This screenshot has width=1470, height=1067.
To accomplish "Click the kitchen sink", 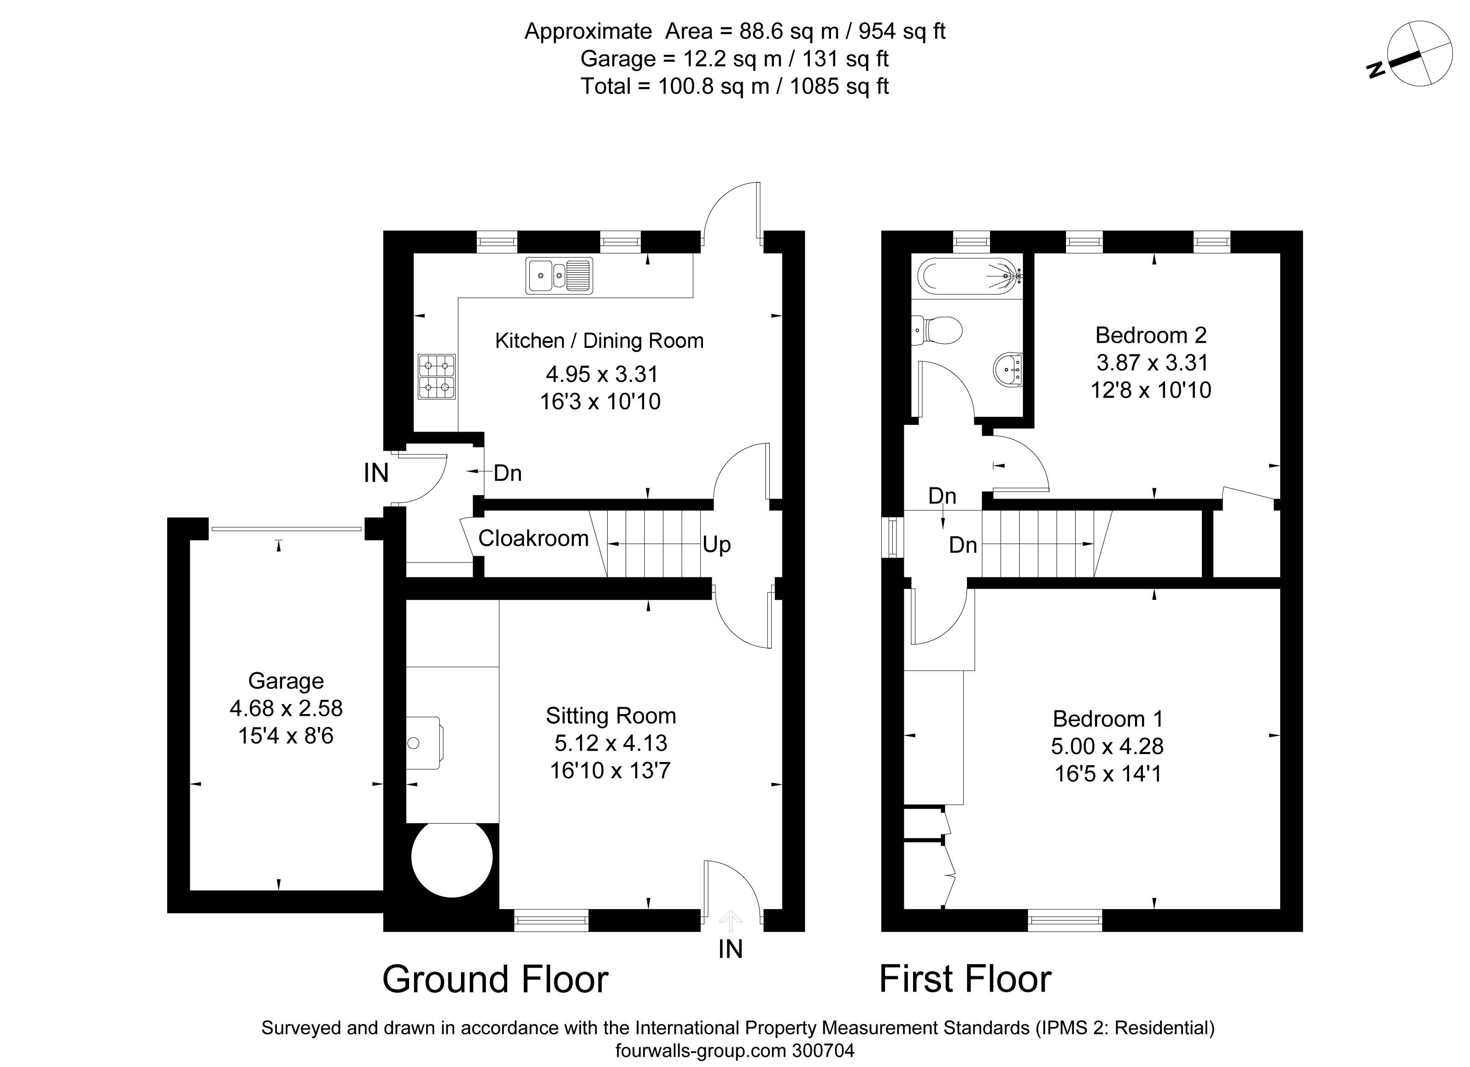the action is point(559,276).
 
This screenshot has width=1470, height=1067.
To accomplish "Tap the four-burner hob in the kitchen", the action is point(436,376).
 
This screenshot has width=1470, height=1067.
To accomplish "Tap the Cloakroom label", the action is point(533,538).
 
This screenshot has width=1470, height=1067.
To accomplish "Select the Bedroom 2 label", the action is point(1151,335).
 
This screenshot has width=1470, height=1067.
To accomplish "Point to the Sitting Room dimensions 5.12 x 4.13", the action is point(610,743).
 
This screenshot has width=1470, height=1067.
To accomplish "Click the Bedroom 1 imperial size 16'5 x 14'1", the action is point(1108,774).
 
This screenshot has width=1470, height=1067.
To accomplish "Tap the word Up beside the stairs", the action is point(717,545).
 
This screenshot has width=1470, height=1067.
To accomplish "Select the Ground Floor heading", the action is point(495,979).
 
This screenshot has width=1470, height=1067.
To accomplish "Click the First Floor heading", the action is point(965,979).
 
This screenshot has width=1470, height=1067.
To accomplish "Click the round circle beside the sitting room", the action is point(452,857).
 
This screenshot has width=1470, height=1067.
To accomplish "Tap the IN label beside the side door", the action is point(376,473).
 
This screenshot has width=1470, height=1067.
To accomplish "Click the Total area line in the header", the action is point(734,86).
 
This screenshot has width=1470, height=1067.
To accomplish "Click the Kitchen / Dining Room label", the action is point(599,341).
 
